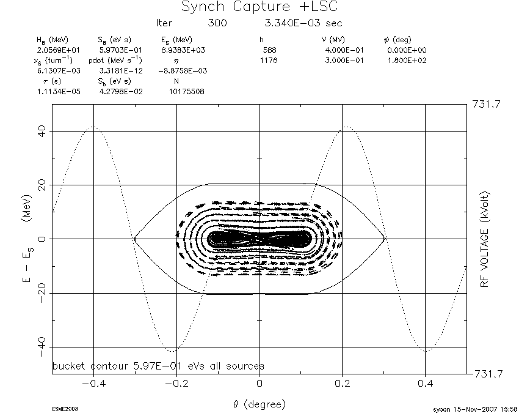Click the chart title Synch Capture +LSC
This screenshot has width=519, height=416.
pyautogui.click(x=259, y=7)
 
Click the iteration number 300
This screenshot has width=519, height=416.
pyautogui.click(x=217, y=23)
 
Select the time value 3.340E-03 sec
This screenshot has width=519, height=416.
pyautogui.click(x=303, y=23)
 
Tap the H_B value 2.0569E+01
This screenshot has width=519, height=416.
pyautogui.click(x=58, y=50)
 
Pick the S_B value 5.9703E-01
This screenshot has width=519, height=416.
pyautogui.click(x=120, y=50)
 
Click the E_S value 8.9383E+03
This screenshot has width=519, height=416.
pyautogui.click(x=183, y=50)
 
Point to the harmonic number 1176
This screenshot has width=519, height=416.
pyautogui.click(x=269, y=61)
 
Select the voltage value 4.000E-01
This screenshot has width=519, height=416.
pyautogui.click(x=344, y=50)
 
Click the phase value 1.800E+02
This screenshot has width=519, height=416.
pyautogui.click(x=407, y=61)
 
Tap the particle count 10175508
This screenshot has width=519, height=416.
pyautogui.click(x=187, y=92)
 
